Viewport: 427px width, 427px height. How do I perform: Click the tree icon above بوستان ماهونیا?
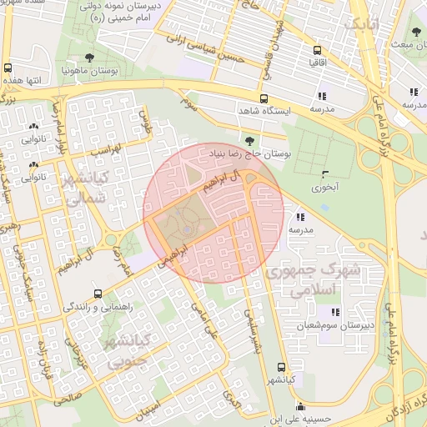click(x=89, y=58)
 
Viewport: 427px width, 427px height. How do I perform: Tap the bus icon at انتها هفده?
click(x=8, y=68)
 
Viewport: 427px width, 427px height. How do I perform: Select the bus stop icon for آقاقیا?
click(x=317, y=48)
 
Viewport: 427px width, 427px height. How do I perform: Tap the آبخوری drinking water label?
click(x=324, y=188)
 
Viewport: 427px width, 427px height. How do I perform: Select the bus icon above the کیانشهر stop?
click(x=281, y=366)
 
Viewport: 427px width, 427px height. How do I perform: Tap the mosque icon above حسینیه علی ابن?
click(x=275, y=409)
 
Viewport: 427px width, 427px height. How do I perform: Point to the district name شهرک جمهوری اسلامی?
click(x=313, y=279)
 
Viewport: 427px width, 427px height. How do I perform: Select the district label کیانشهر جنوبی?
click(x=121, y=350)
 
